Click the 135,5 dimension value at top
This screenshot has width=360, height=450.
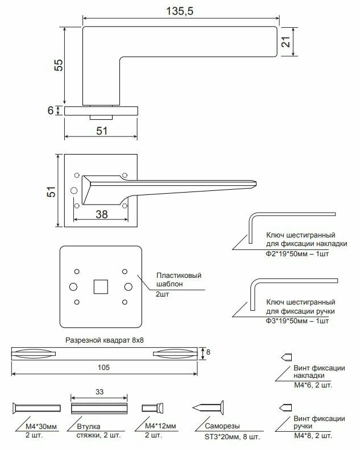pyautogui.click(x=179, y=11)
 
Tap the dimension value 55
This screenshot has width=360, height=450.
pyautogui.click(x=58, y=65)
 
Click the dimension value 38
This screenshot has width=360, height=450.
pyautogui.click(x=101, y=214)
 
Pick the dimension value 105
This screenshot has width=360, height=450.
pyautogui.click(x=103, y=368)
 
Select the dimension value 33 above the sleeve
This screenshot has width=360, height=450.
pyautogui.click(x=99, y=391)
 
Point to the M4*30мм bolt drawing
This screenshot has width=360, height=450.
pyautogui.click(x=35, y=407)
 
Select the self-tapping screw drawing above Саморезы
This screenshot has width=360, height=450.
pyautogui.click(x=208, y=407)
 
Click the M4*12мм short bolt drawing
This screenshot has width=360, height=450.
pyautogui.click(x=152, y=407)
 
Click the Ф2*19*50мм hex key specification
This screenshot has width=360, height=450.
pyautogui.click(x=297, y=254)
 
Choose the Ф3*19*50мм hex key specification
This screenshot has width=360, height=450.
pyautogui.click(x=297, y=321)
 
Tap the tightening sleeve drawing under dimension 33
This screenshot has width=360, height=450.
pyautogui.click(x=99, y=407)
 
